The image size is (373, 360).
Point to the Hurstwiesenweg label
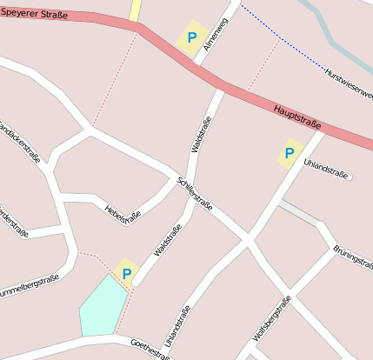349,83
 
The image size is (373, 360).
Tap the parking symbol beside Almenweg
191,38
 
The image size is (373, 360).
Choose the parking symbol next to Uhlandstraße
289,153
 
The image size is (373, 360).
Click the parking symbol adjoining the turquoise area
127,274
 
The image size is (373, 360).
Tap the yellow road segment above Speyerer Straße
135,10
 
